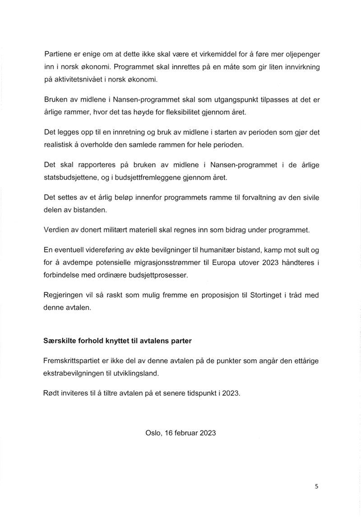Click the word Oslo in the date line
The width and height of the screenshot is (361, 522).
pyautogui.click(x=153, y=433)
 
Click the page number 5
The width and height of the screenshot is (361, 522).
pyautogui.click(x=316, y=486)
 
